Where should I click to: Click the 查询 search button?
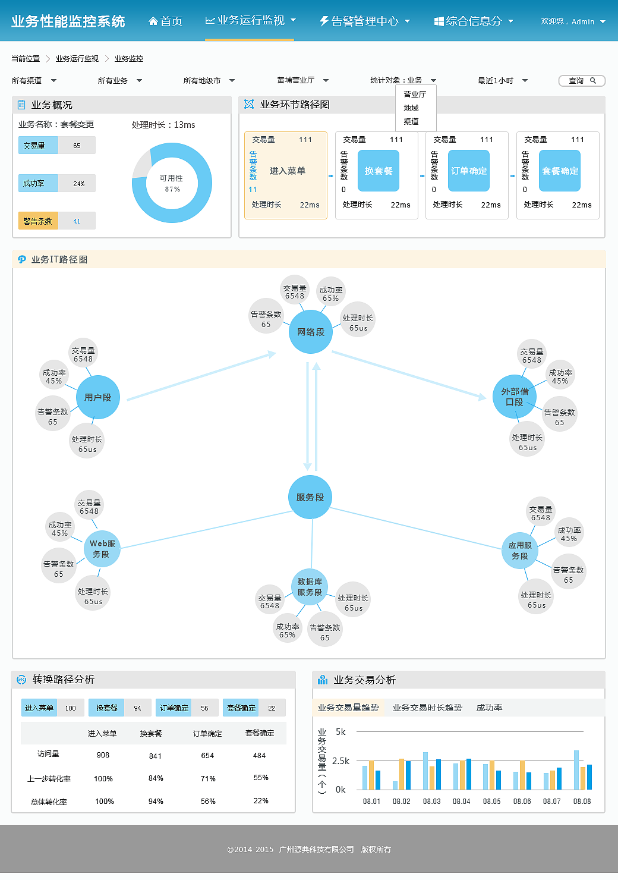coord(582,80)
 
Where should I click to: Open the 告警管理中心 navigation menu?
coord(365,21)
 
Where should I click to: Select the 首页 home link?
coord(166,21)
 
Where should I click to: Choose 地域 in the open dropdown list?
coord(411,108)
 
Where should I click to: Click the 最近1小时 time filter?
coord(502,80)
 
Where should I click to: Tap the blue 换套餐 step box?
coord(378,171)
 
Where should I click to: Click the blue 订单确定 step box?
coord(468,171)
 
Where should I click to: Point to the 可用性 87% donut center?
coord(172,183)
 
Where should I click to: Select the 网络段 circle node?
coord(311,332)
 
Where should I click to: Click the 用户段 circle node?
coord(98,397)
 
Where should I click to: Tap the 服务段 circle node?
coord(310,497)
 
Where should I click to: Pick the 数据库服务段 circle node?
coord(310,587)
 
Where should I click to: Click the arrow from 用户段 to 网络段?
coord(201,376)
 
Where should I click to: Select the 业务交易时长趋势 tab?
coord(427,708)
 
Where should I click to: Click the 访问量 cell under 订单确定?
coord(207,756)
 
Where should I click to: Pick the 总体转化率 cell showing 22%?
coord(261,801)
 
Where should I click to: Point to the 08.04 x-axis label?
coord(461,801)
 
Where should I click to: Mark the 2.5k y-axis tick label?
coord(340,761)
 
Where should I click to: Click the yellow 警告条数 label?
coord(37,221)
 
